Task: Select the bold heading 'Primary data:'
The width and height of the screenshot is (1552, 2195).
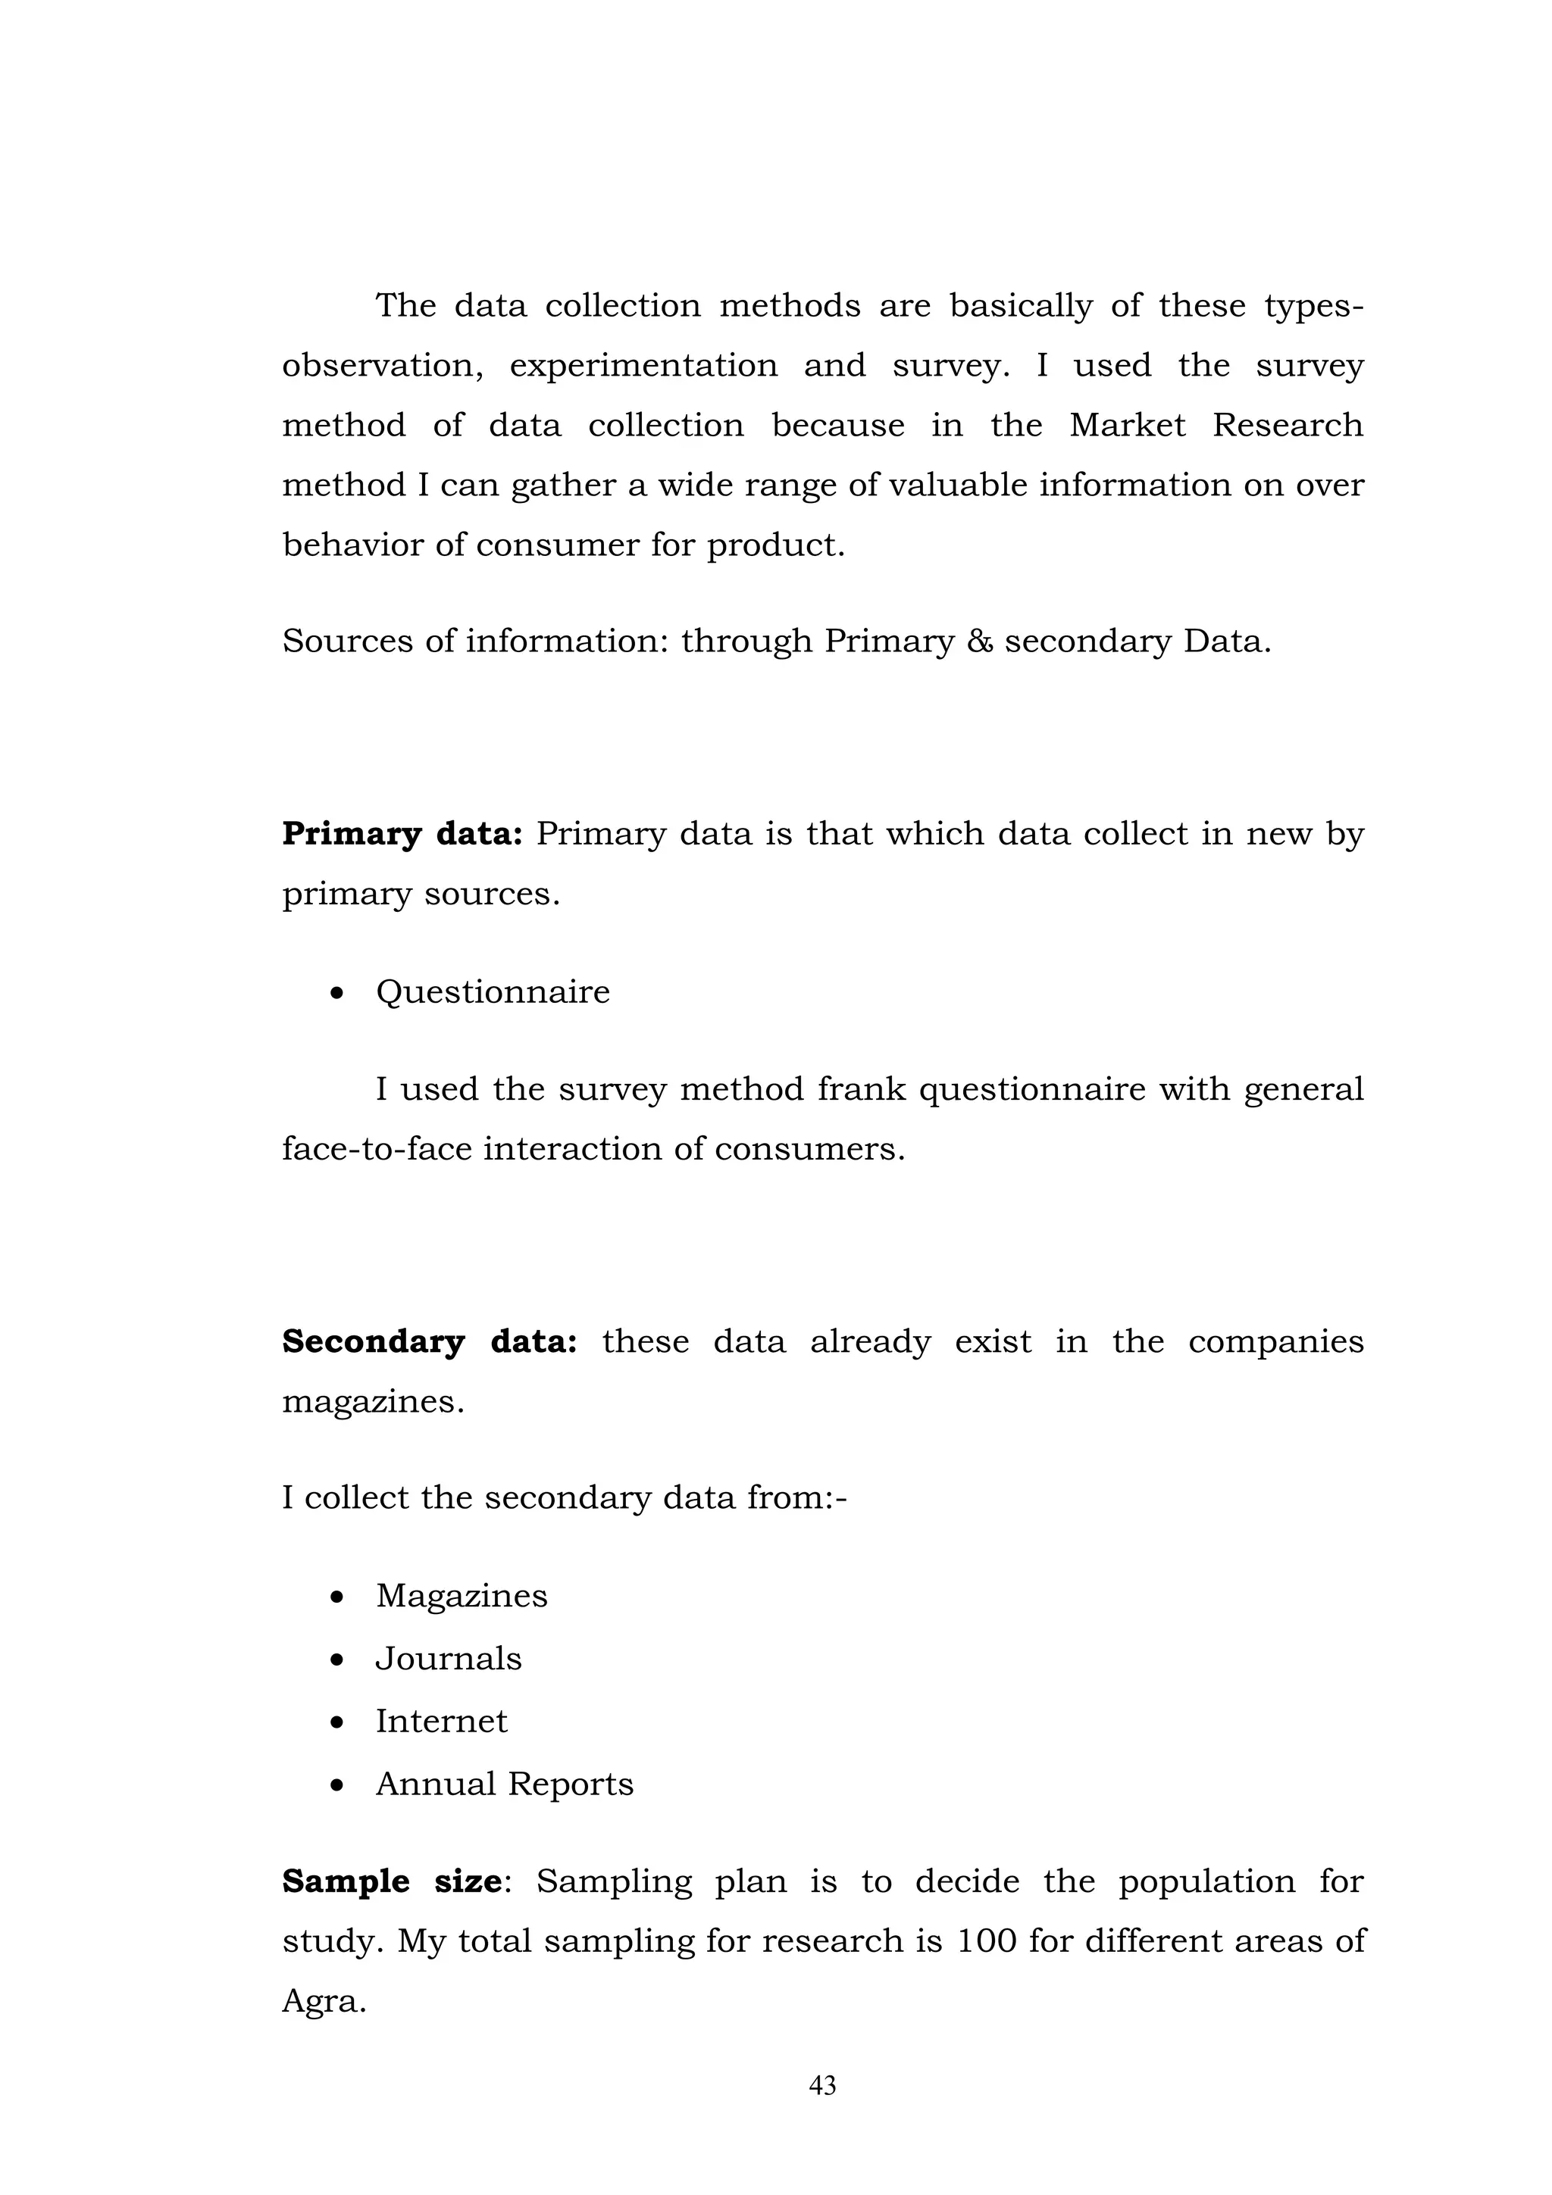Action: (402, 835)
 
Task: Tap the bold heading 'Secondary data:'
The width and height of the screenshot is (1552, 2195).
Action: (430, 1342)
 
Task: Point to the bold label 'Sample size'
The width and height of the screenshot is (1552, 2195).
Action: (391, 1881)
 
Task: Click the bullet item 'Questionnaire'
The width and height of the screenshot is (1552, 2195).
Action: (493, 991)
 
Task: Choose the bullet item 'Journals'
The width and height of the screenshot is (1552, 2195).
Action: (449, 1659)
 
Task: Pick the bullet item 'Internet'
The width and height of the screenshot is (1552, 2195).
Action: (441, 1721)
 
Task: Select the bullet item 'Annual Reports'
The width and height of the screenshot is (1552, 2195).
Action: (504, 1784)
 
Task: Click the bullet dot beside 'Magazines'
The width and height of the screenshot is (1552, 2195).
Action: (336, 1597)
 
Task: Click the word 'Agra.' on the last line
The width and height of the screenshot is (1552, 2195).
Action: (324, 2001)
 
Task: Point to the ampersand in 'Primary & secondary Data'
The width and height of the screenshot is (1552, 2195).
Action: (979, 642)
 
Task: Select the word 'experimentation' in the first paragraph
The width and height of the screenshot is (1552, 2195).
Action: (643, 366)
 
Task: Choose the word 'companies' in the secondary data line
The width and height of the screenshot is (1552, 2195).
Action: (1275, 1342)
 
